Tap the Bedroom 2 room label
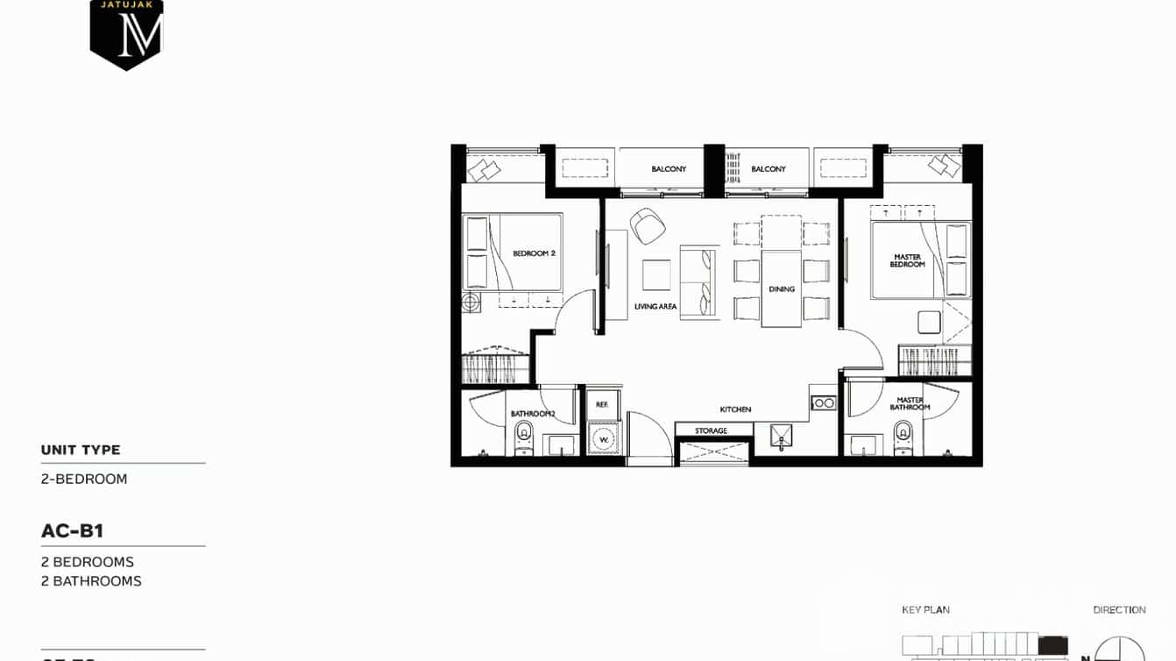tap(534, 253)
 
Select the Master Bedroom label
tap(907, 260)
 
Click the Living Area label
tap(655, 307)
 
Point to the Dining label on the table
tap(781, 289)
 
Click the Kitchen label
tap(735, 409)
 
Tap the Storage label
tap(711, 430)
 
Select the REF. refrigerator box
tap(602, 404)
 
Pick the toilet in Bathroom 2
tap(524, 436)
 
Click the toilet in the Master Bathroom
tap(903, 436)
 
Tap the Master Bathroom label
tap(910, 403)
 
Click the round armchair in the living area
tap(648, 226)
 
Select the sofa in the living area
tap(698, 282)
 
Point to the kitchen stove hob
tap(823, 403)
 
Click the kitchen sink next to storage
tap(779, 436)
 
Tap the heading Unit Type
tap(81, 450)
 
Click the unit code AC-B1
tap(73, 530)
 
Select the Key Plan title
tap(925, 609)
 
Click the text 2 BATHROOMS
tap(91, 580)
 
